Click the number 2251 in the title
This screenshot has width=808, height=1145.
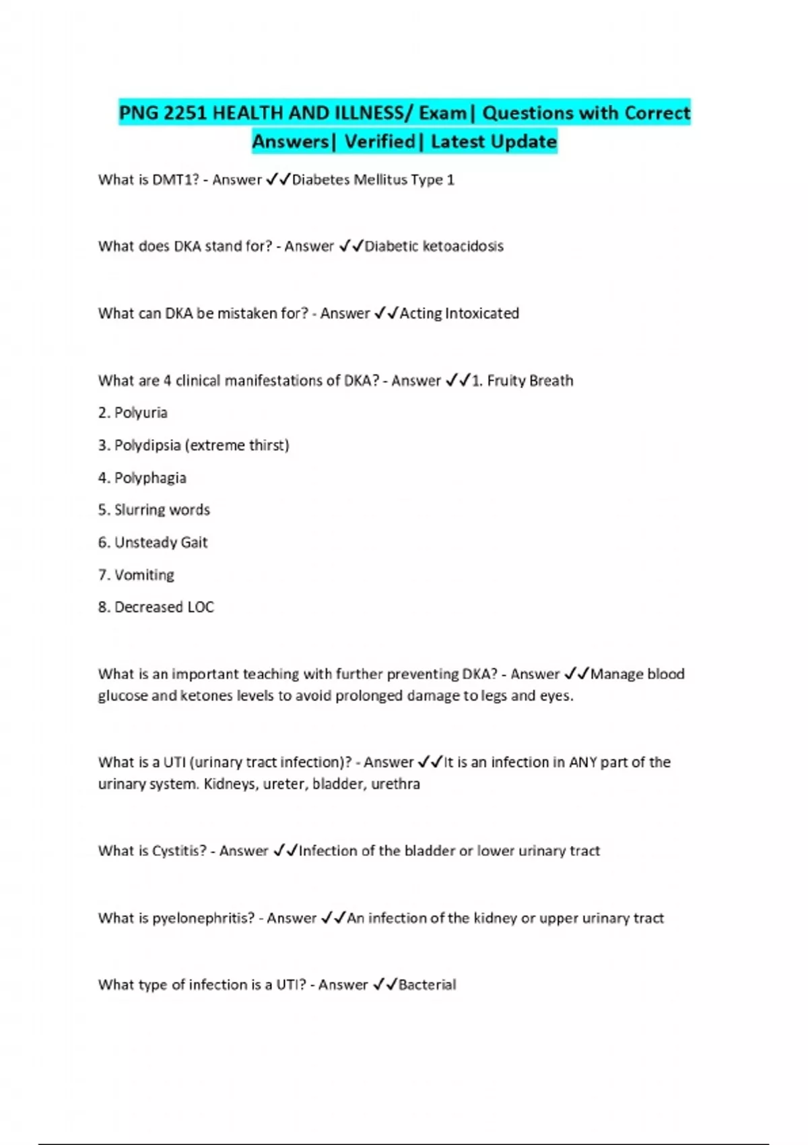click(x=184, y=112)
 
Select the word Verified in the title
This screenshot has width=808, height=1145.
click(x=380, y=141)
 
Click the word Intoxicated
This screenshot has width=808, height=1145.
click(x=482, y=314)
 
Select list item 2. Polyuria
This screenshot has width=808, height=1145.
click(x=133, y=413)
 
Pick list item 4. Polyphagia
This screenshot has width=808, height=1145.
click(x=142, y=478)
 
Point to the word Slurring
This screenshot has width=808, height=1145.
click(x=134, y=510)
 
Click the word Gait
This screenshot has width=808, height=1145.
click(x=194, y=542)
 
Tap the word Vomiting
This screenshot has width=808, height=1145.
click(x=144, y=575)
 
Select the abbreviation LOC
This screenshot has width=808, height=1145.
click(x=201, y=608)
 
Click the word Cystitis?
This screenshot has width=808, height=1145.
click(x=179, y=851)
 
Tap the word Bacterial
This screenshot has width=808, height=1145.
click(x=427, y=985)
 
